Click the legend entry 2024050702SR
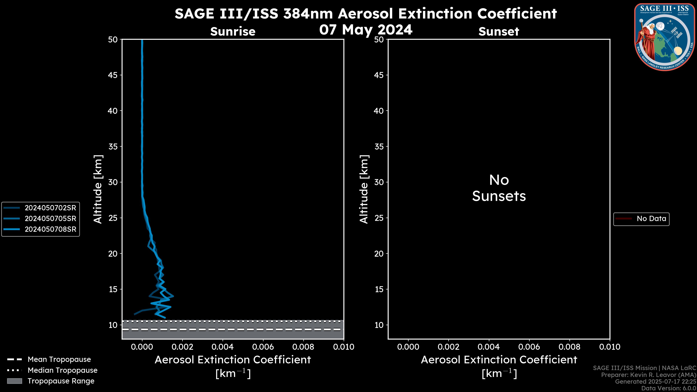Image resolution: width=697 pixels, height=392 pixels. pos(50,208)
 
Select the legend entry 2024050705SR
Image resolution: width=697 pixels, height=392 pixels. pos(50,219)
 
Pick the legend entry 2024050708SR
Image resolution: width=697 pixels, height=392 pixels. pos(50,229)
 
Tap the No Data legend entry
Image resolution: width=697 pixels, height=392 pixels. pos(651,219)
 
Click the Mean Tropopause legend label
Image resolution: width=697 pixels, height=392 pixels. pos(59,359)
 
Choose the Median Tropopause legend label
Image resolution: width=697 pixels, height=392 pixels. pos(62,370)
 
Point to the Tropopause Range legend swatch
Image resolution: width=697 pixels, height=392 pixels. pos(15,381)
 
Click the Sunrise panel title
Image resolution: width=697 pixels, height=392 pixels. pos(233,31)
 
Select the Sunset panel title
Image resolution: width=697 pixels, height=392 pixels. pos(499,31)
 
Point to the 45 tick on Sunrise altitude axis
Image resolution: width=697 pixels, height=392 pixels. pos(113,75)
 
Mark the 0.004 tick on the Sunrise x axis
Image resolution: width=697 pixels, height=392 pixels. pos(223,347)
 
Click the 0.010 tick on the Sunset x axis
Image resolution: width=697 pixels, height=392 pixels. pos(610,347)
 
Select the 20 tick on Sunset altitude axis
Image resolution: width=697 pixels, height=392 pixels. pos(379,254)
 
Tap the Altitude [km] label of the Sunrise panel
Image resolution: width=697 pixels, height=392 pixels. pos(98,189)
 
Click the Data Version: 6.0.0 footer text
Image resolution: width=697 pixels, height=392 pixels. pos(668,388)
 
